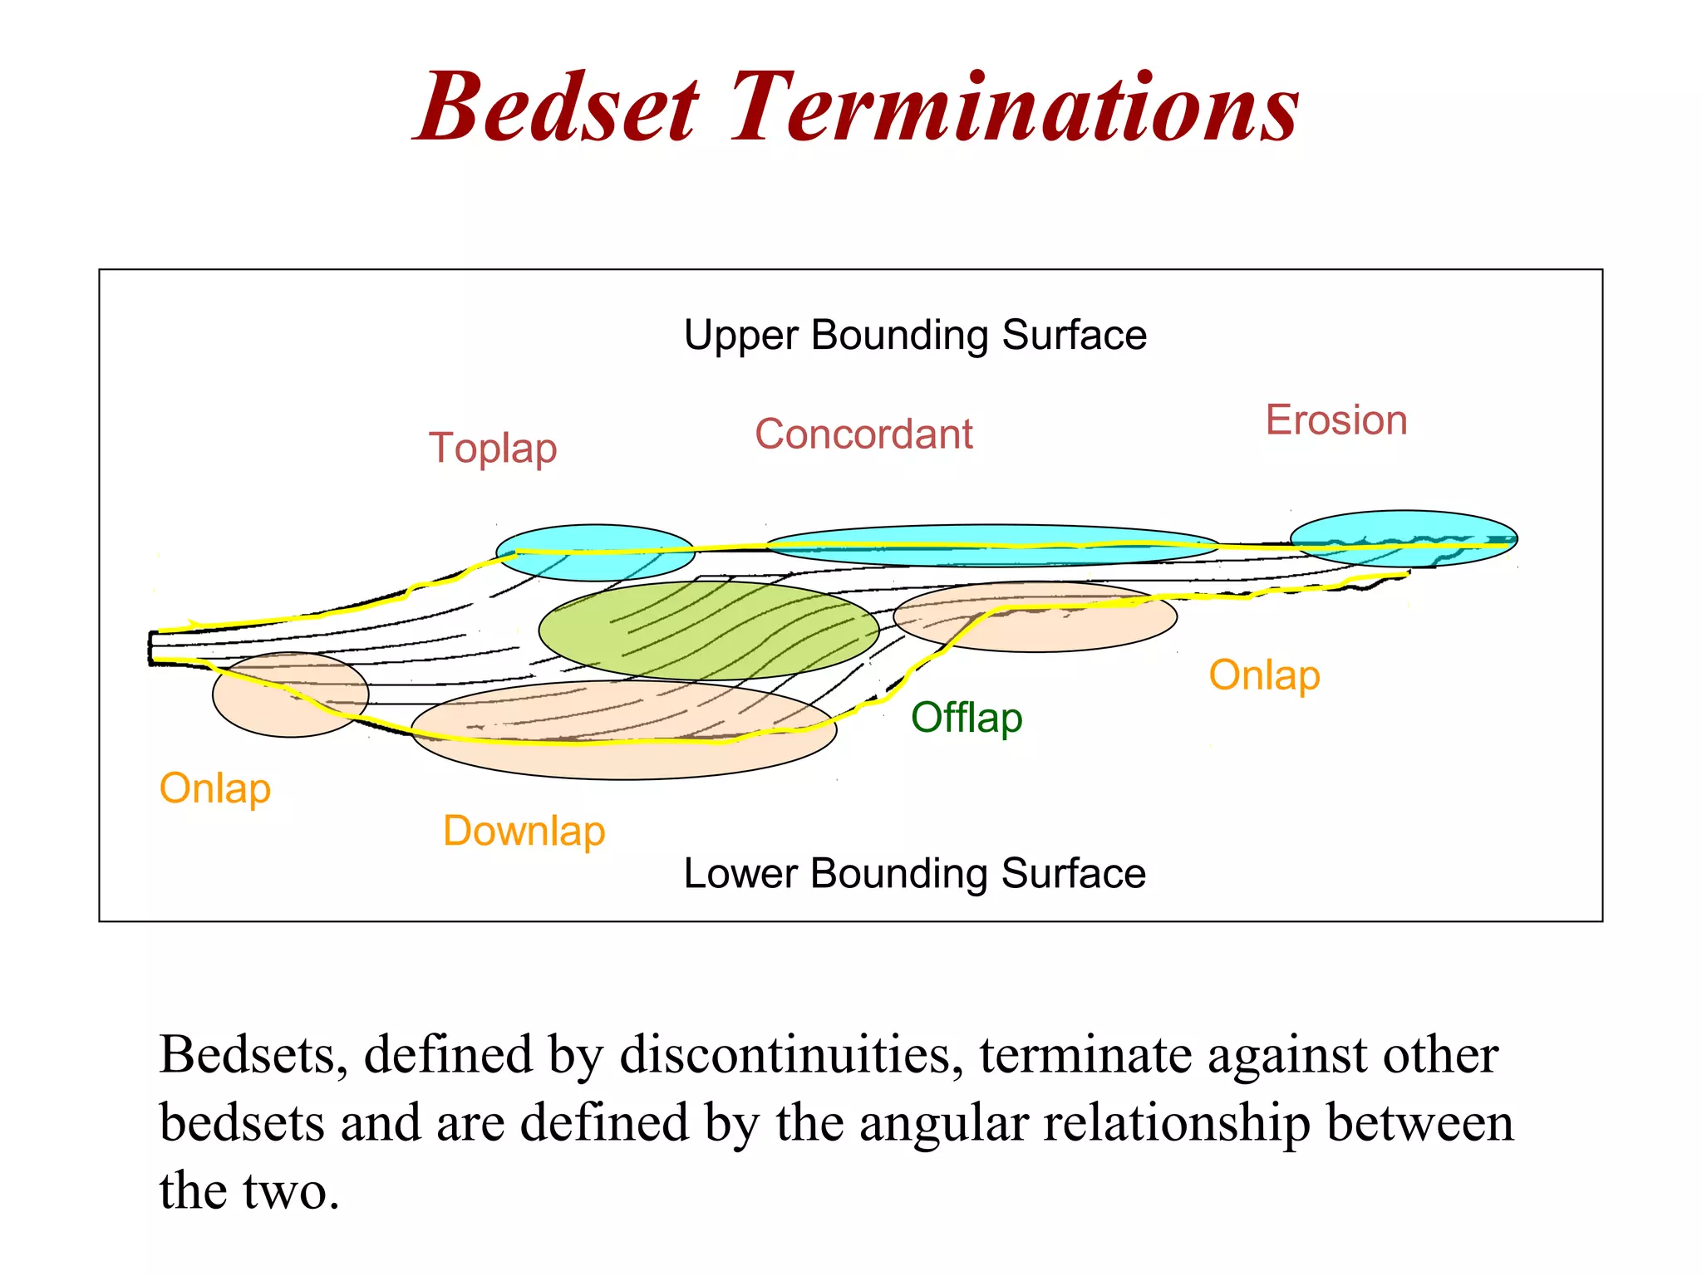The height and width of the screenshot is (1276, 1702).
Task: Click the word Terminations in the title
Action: coord(1014,108)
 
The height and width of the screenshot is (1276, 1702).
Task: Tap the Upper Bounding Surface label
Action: coord(915,336)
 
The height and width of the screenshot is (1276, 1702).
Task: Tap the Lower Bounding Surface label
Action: coord(914,874)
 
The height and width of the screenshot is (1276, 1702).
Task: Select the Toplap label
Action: coord(493,449)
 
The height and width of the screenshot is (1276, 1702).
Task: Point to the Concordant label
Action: coord(863,434)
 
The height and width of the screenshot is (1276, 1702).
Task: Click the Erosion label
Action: coord(1336,420)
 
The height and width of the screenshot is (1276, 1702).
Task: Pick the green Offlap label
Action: coord(967,718)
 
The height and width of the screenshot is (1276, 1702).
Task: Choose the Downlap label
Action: coord(524,832)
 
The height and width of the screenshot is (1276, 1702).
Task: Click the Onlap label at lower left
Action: coord(215,788)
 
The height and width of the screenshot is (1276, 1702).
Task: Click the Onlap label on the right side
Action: coord(1264,675)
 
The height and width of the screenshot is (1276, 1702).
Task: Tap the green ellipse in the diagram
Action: coord(709,630)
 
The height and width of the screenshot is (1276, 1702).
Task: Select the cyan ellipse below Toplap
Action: coord(595,552)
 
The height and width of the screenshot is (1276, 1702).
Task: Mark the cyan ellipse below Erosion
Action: coord(1404,538)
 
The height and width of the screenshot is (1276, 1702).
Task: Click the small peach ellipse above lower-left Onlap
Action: coord(290,694)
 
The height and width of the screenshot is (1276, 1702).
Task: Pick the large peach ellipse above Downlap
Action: coord(623,730)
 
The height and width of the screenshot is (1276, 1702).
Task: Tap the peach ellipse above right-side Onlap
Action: coord(1035,616)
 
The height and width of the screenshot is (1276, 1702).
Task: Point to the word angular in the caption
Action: coord(943,1123)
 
